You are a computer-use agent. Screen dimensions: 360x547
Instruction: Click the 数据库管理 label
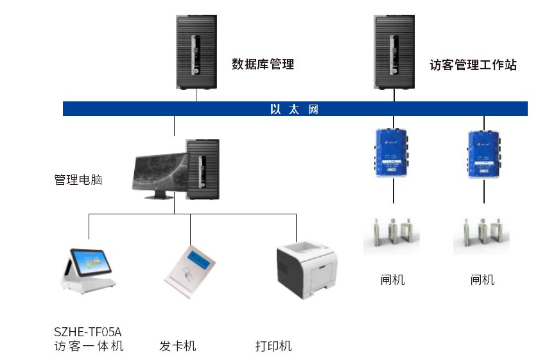click(263, 64)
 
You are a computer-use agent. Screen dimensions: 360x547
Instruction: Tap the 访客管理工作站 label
click(473, 65)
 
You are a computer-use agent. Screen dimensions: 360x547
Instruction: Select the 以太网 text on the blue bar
click(295, 110)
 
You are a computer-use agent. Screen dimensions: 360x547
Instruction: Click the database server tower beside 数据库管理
click(196, 52)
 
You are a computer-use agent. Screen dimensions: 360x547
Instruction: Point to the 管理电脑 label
click(78, 180)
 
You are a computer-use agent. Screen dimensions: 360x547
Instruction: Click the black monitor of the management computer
click(158, 171)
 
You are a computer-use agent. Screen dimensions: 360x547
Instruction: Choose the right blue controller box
click(482, 153)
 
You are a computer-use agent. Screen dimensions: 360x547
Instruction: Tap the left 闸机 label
click(392, 280)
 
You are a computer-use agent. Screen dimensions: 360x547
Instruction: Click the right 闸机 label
click(482, 280)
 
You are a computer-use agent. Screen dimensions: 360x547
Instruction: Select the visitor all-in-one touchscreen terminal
click(88, 270)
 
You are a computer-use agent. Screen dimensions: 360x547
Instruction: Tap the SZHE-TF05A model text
click(87, 332)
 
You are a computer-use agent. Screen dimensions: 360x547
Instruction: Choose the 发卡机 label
click(178, 347)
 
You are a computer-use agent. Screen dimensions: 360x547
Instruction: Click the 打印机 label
click(273, 347)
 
